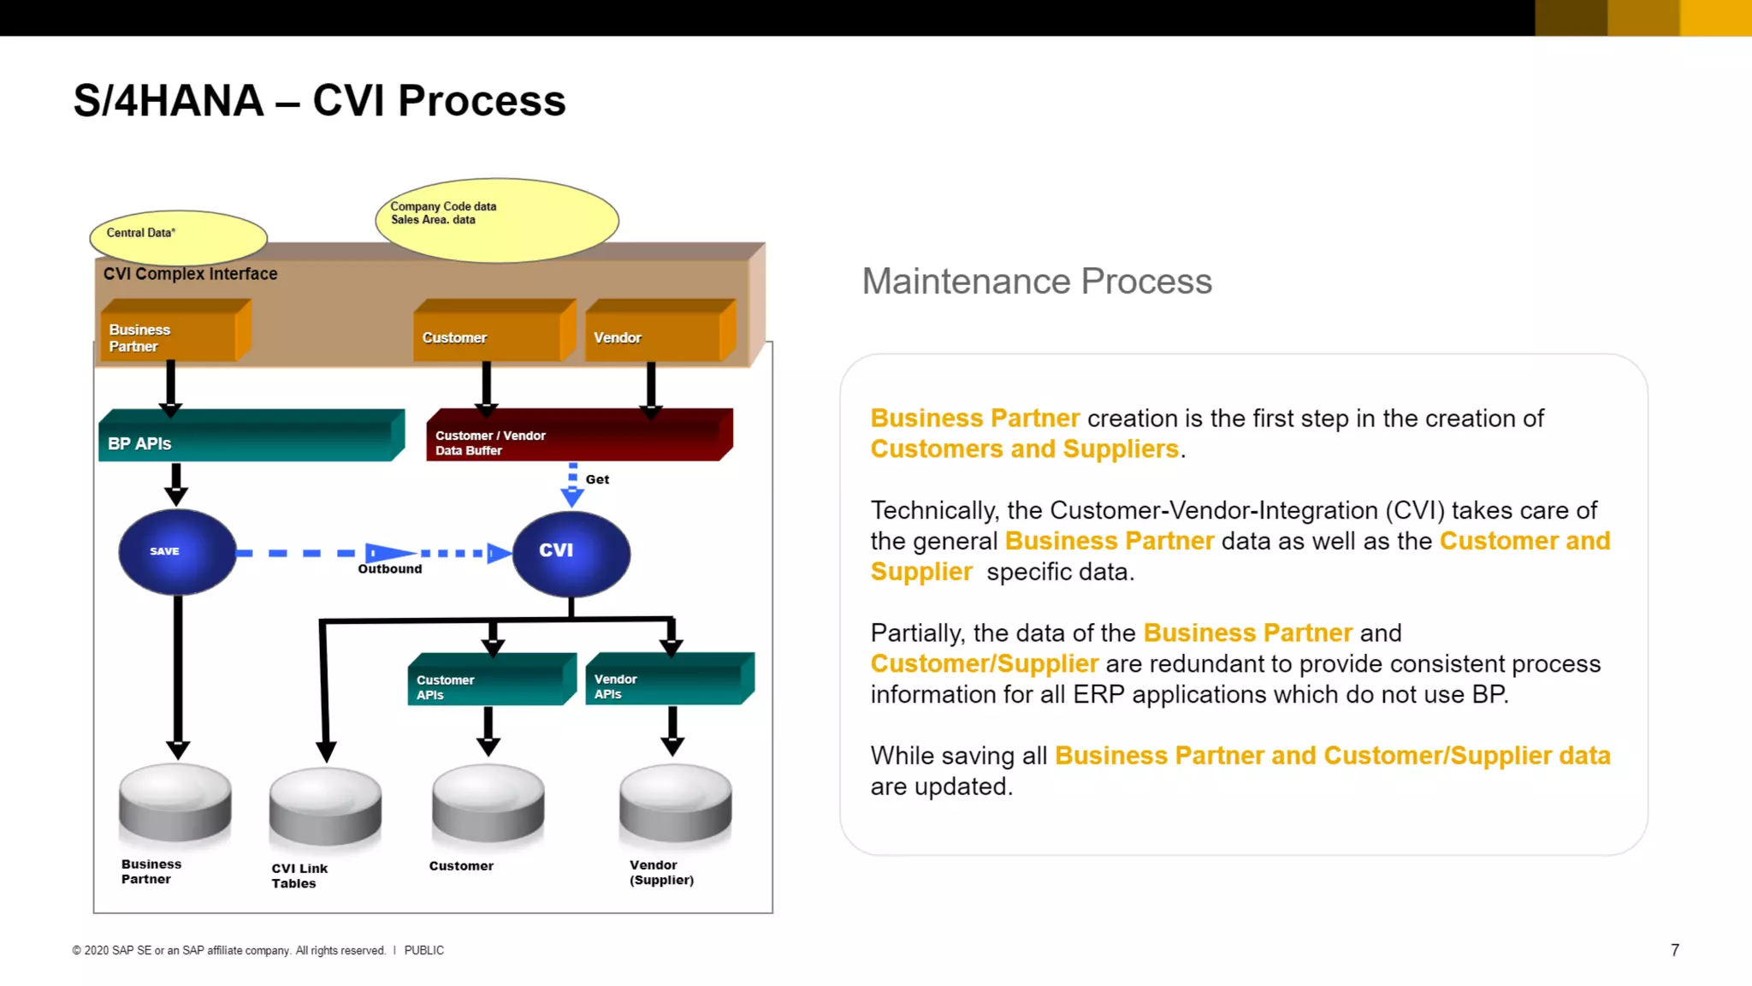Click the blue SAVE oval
[x=177, y=552]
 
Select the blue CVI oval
[x=571, y=553]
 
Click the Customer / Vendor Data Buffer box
[x=578, y=437]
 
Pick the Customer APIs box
[x=490, y=682]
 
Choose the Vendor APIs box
[x=668, y=681]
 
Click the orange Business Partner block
[x=174, y=334]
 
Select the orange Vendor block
[x=658, y=334]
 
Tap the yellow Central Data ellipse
[x=178, y=237]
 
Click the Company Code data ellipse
[x=496, y=220]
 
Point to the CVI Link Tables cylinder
[x=325, y=807]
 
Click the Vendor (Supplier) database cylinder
[x=675, y=804]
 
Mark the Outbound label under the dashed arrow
[x=389, y=569]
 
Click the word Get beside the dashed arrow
[x=597, y=479]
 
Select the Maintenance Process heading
[x=1036, y=282]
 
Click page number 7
[x=1674, y=950]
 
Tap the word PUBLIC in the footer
[x=423, y=951]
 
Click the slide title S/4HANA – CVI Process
[x=319, y=101]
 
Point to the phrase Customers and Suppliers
[x=1024, y=449]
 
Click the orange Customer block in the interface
[x=492, y=334]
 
